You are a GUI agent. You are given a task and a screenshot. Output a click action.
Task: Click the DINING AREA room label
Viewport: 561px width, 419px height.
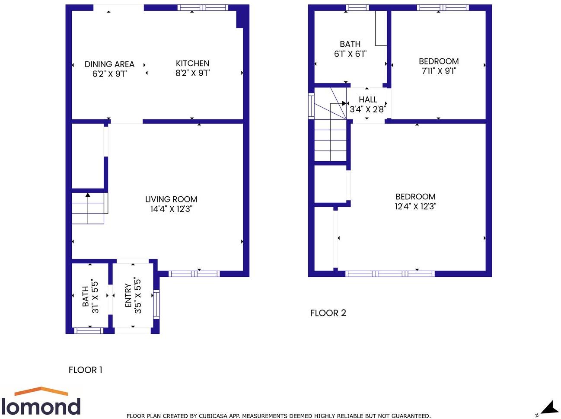(x=109, y=64)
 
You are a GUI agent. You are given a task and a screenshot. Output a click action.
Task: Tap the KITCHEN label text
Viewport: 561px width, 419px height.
(x=192, y=63)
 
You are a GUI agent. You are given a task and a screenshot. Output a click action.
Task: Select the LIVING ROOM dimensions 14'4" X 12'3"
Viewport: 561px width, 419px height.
(x=171, y=209)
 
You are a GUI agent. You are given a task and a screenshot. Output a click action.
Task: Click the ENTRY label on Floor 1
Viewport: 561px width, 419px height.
(x=128, y=295)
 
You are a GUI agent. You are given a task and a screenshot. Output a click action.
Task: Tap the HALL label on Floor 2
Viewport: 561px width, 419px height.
(x=368, y=99)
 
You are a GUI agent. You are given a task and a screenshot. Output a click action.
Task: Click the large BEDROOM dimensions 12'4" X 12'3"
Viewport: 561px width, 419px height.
(x=415, y=206)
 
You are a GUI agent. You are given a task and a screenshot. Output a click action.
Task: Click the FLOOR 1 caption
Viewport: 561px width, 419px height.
(x=86, y=370)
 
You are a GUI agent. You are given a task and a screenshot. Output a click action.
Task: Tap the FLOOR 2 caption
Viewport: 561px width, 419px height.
(x=328, y=313)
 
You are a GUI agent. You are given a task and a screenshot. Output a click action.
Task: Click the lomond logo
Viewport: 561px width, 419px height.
(x=41, y=402)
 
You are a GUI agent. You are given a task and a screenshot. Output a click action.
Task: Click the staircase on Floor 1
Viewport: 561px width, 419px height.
(x=89, y=208)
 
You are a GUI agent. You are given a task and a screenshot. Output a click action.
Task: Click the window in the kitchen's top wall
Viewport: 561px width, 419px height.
(x=203, y=7)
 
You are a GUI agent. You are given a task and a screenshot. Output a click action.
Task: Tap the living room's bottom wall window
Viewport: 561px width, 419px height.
(x=194, y=274)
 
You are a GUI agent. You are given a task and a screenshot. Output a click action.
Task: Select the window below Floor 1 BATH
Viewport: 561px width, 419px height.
(x=89, y=331)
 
